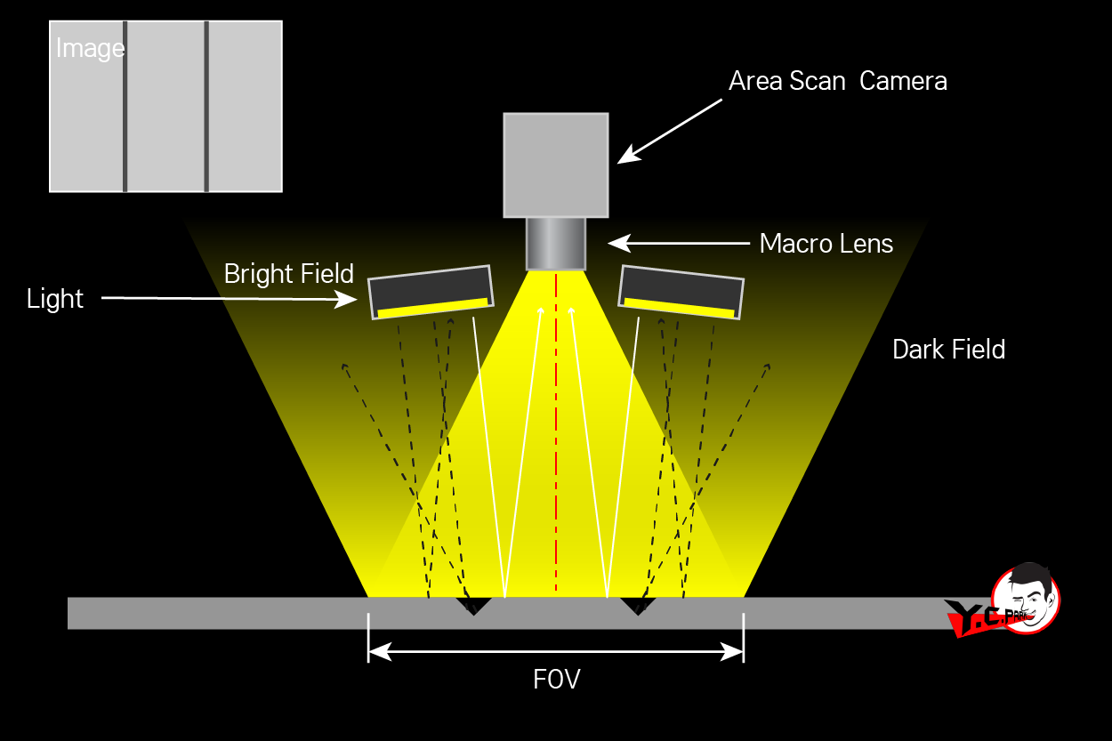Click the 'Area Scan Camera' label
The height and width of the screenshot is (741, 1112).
coord(837,81)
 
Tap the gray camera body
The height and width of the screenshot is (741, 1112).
coord(556,165)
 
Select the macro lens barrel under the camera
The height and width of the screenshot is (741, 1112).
coord(556,243)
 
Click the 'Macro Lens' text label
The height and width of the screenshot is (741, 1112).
coord(826,244)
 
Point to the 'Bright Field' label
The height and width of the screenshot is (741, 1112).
coord(288,274)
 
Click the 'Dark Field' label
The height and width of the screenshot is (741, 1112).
coord(948,350)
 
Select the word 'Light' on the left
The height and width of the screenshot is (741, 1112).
coord(55,299)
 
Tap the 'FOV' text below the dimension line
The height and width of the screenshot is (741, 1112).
coord(556,681)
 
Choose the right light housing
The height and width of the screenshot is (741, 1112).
coord(681,291)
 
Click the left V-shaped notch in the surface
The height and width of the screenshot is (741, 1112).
coord(474,606)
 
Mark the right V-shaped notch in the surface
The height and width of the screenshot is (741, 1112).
coord(638,606)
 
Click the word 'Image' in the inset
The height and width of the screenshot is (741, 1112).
coord(90,48)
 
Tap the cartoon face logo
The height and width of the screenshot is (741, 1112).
coord(1027,598)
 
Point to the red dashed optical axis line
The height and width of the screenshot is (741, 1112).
coord(556,427)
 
